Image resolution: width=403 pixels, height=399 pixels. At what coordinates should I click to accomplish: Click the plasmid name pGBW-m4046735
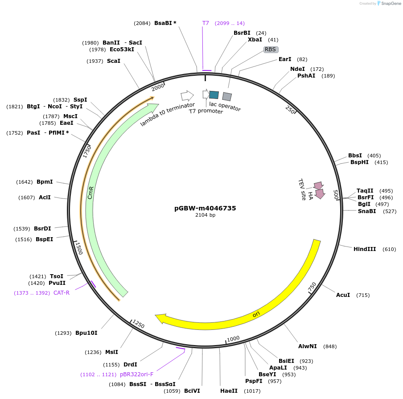coord(205,208)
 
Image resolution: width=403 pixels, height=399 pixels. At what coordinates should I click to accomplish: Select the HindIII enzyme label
coord(365,249)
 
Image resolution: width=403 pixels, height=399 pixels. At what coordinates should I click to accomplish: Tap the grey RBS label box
coord(271,49)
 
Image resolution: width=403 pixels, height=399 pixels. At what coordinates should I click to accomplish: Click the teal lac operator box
coord(214,95)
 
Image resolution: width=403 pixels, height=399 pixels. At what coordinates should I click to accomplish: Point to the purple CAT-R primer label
coord(61,293)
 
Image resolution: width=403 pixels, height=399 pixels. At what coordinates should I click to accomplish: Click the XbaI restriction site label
coord(255,40)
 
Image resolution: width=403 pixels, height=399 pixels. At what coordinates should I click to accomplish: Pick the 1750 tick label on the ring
coord(87,151)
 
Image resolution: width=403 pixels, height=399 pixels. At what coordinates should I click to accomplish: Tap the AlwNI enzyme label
coord(308,346)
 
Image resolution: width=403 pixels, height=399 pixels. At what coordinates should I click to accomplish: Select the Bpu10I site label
coord(86,333)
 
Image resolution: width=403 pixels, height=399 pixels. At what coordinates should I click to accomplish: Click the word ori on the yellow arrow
coord(256,314)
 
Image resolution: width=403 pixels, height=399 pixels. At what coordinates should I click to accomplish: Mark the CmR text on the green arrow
coord(90,193)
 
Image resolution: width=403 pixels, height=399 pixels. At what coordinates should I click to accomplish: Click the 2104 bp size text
coord(205,215)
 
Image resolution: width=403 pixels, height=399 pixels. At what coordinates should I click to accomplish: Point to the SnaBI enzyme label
coord(367,211)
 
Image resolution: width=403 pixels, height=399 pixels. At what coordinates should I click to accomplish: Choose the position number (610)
coord(389,249)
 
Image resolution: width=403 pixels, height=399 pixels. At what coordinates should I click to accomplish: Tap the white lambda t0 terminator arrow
coord(187,95)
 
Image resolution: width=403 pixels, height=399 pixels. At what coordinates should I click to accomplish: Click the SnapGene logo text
coord(391,4)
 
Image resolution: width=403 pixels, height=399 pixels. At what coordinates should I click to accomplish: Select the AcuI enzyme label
coord(343,295)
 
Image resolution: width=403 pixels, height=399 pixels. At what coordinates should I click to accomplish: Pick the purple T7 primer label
coord(206,23)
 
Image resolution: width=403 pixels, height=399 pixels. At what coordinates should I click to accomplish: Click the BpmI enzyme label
coord(45,182)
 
